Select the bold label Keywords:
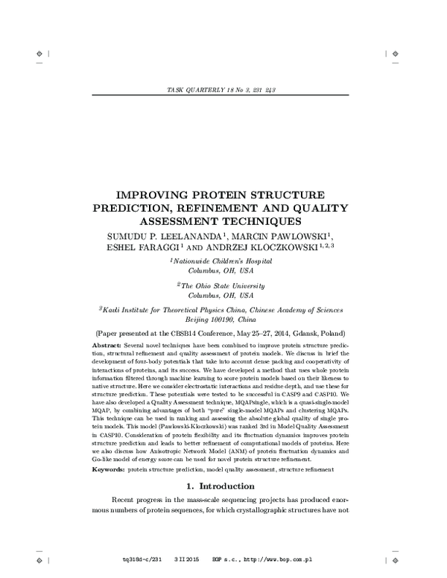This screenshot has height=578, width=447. tap(108, 470)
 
